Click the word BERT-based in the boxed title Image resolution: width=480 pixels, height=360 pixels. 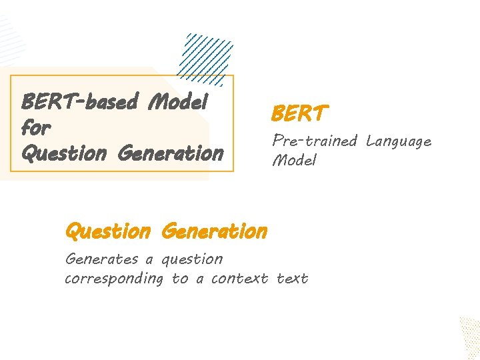(80, 102)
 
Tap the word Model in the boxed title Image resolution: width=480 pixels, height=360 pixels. (179, 102)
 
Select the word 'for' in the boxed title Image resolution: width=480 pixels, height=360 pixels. (36, 127)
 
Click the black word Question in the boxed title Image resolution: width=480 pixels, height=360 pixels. (63, 153)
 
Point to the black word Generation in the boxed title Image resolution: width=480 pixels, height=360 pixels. (170, 153)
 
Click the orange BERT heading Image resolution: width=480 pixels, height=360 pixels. (299, 114)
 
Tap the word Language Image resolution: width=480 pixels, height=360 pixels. (398, 142)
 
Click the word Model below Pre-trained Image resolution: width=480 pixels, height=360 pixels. (293, 161)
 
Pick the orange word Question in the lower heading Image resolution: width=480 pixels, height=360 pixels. (108, 232)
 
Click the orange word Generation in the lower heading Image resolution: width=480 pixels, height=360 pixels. (214, 232)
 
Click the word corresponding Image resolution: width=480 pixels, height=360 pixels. (113, 279)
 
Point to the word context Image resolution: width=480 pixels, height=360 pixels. (239, 279)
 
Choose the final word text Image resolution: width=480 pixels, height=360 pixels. (292, 279)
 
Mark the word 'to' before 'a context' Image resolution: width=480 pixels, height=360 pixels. (180, 279)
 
